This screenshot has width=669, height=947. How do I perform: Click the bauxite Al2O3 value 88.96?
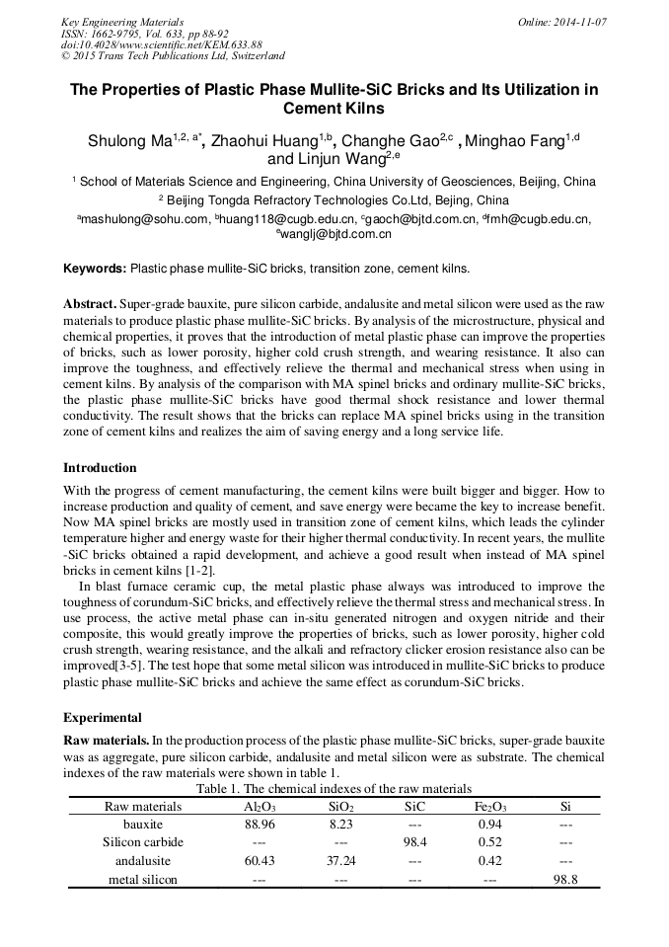pos(259,824)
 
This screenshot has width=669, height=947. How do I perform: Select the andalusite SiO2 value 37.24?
pos(340,861)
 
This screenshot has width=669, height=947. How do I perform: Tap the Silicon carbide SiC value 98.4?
pos(415,842)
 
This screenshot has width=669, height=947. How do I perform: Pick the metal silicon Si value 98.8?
pos(565,880)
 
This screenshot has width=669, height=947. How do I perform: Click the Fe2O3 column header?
pos(490,806)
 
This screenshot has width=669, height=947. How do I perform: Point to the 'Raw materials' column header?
pos(143,806)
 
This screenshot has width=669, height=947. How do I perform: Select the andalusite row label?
pos(143,861)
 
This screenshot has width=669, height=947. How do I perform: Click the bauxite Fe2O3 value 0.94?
pos(490,824)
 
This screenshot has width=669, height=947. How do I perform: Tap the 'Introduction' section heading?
pos(100,467)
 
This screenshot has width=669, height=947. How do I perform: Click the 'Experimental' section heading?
pos(103,717)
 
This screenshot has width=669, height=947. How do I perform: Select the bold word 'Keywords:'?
pos(95,268)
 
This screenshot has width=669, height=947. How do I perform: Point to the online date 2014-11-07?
pos(577,22)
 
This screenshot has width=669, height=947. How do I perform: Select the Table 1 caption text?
pos(334,788)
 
